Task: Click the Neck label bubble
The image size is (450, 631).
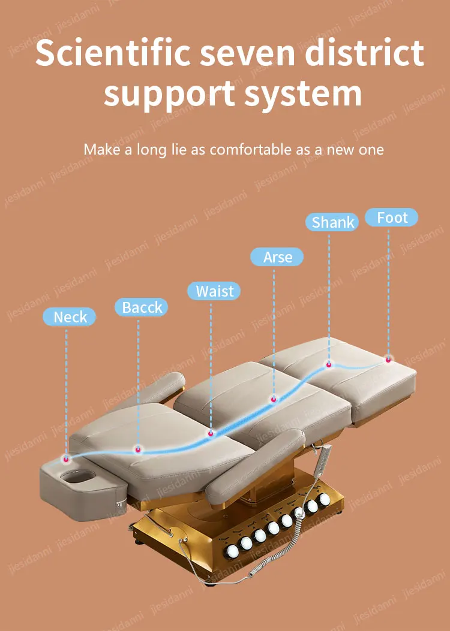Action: [x=70, y=317]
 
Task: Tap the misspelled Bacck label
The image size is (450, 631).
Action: [x=142, y=307]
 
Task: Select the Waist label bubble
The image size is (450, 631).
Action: [x=214, y=291]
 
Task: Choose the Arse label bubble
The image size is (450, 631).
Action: [x=277, y=257]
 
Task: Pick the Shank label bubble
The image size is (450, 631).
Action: [x=333, y=222]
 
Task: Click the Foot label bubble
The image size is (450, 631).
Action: [x=392, y=218]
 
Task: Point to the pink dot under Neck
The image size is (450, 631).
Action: [x=66, y=459]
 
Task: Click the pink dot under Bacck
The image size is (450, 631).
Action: [x=139, y=449]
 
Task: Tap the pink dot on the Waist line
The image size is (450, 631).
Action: [x=211, y=433]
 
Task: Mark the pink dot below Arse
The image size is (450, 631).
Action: [x=274, y=398]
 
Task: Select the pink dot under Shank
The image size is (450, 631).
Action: [x=329, y=364]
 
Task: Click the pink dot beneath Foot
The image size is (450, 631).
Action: [x=388, y=359]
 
